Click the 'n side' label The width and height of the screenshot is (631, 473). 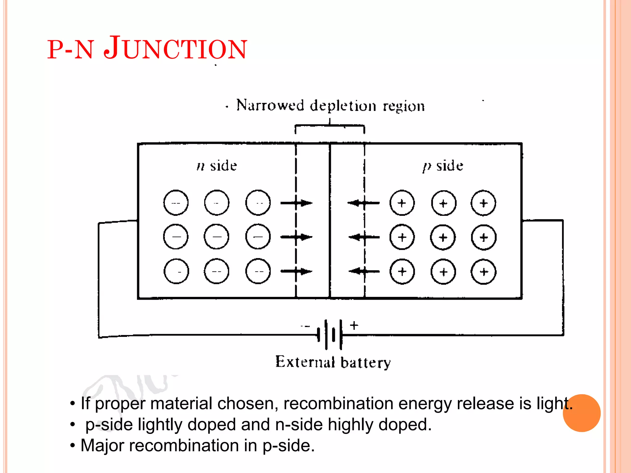point(217,166)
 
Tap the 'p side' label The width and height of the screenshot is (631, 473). point(443,166)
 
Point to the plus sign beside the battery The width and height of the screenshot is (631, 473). point(354,325)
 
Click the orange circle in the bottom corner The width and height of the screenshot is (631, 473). point(581,413)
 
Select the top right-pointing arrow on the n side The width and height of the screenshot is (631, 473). point(296,203)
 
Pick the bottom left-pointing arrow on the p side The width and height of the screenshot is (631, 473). point(364,271)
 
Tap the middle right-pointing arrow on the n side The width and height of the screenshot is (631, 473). point(296,237)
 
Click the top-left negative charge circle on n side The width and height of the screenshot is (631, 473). point(176,203)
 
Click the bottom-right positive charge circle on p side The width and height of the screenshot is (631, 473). point(483,272)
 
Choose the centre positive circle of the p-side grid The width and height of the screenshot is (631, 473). point(443,237)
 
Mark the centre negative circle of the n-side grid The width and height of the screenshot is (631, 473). point(217,237)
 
